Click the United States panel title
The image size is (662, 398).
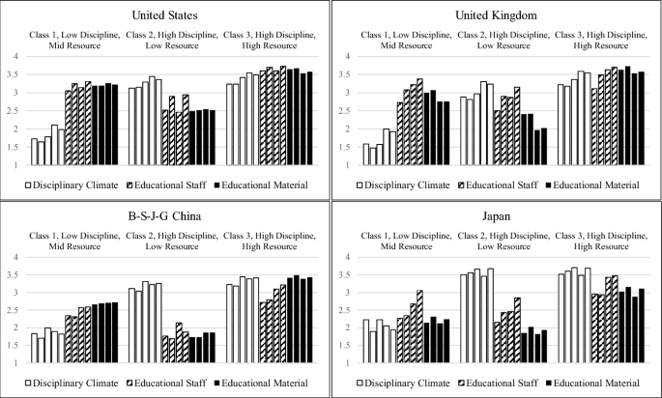[165, 14]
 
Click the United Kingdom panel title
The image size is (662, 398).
[497, 14]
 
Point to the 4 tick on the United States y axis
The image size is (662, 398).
[14, 56]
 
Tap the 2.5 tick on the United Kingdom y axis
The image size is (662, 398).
[345, 111]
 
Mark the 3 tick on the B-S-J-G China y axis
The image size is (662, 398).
[14, 293]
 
